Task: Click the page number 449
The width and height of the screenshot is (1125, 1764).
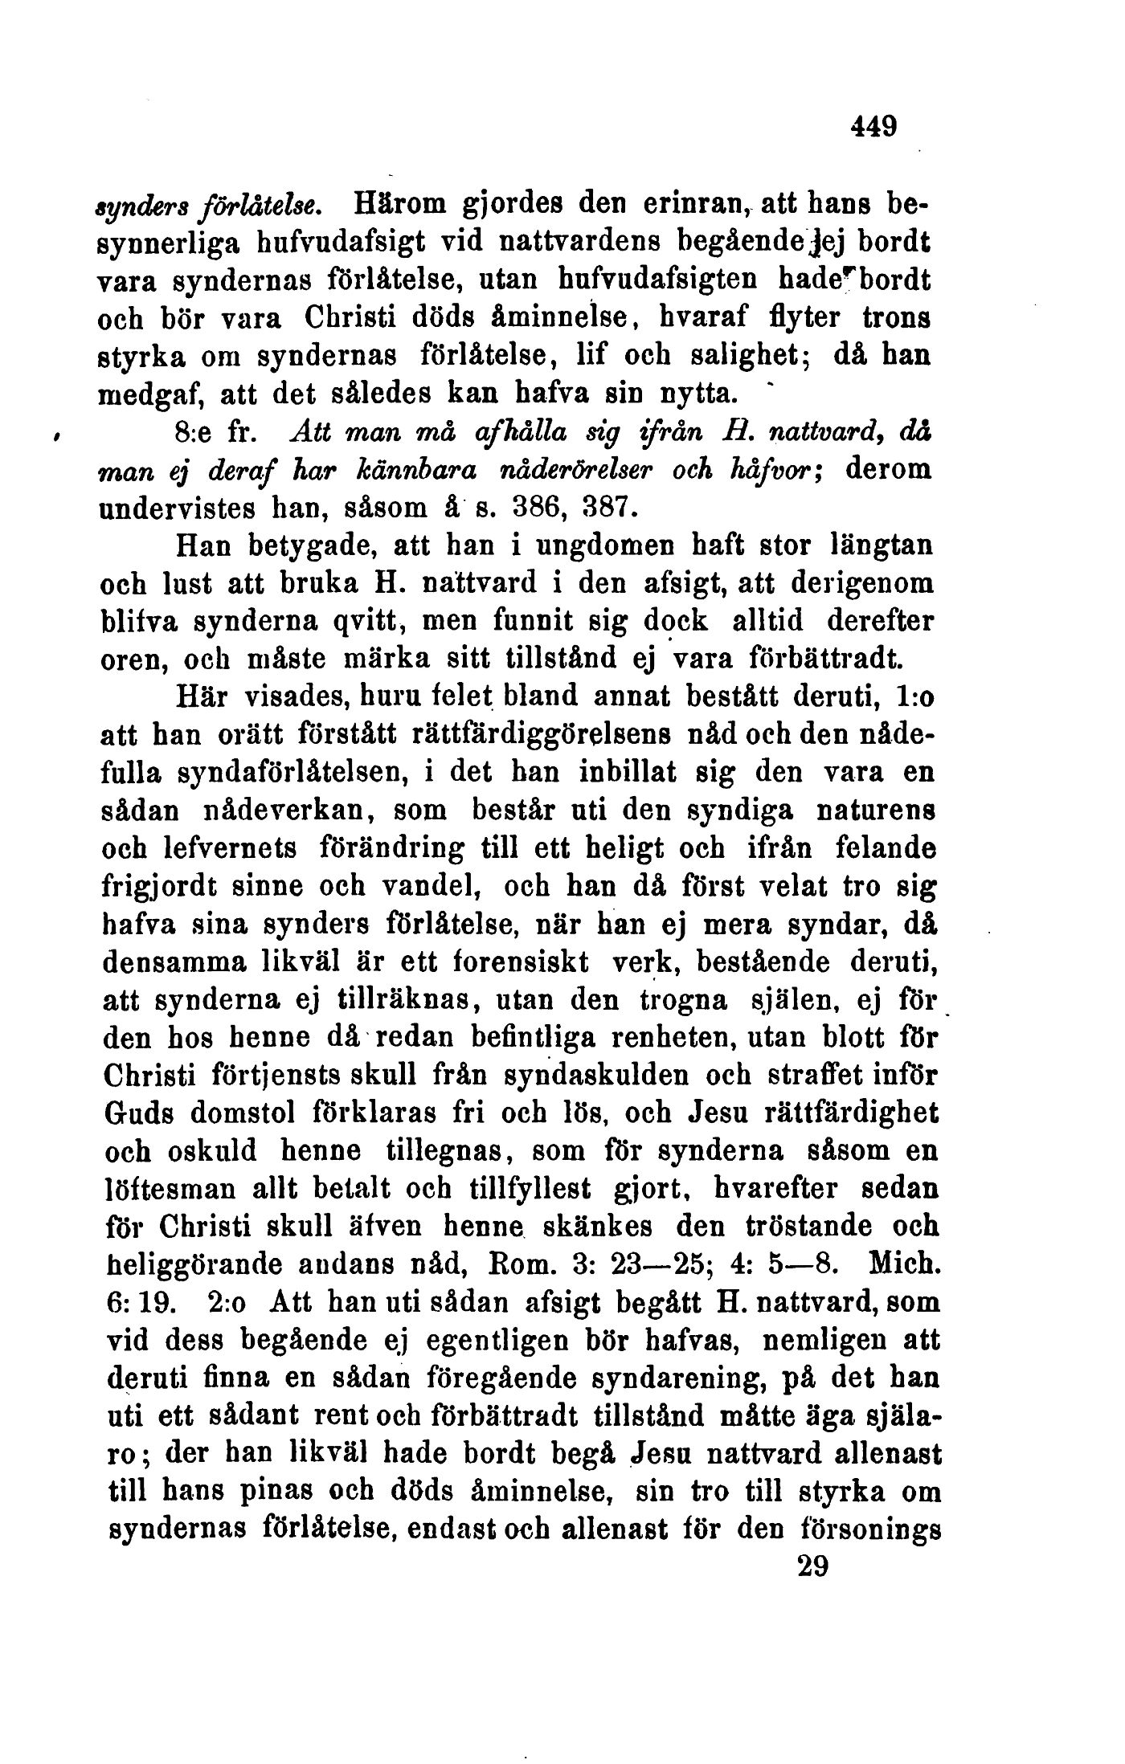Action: [x=871, y=126]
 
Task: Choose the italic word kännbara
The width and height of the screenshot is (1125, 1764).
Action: [x=363, y=474]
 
